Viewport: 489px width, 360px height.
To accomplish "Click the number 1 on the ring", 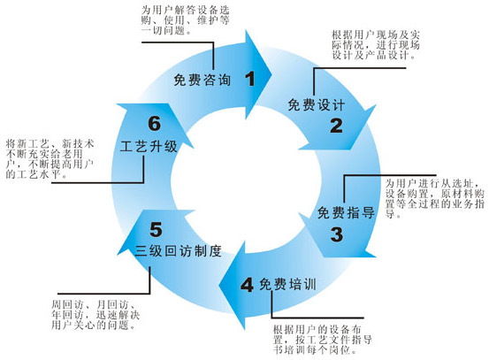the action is pyautogui.click(x=250, y=79).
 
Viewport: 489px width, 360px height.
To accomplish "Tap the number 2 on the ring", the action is pyautogui.click(x=336, y=126).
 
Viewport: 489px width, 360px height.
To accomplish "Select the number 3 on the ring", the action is pyautogui.click(x=337, y=234).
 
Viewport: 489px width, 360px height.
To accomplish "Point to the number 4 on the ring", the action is pyautogui.click(x=247, y=285).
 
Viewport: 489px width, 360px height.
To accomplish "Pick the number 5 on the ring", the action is pyautogui.click(x=156, y=230).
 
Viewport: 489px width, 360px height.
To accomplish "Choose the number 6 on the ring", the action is pyautogui.click(x=155, y=123).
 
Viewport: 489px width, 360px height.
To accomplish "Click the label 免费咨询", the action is pyautogui.click(x=202, y=80).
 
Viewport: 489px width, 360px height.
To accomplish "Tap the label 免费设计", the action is pyautogui.click(x=316, y=105).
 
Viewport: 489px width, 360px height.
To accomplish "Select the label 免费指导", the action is pyautogui.click(x=346, y=213).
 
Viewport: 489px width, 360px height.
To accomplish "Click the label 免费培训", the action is pyautogui.click(x=288, y=284).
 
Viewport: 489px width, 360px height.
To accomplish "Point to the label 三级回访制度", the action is pyautogui.click(x=178, y=251).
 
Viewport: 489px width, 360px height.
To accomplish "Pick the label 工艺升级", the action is pyautogui.click(x=149, y=146).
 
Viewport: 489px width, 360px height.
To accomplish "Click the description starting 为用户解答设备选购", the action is pyautogui.click(x=185, y=20).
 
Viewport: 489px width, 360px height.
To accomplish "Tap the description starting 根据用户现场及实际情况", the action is pyautogui.click(x=376, y=44).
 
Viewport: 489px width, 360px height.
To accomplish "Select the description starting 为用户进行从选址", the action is pyautogui.click(x=435, y=198).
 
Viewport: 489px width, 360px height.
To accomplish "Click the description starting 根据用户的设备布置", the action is pyautogui.click(x=323, y=340).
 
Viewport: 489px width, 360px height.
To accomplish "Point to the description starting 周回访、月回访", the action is pyautogui.click(x=96, y=315).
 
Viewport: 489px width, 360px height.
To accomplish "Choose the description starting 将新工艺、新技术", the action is pyautogui.click(x=50, y=159).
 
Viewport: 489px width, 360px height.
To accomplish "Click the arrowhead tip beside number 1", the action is pyautogui.click(x=272, y=75).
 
